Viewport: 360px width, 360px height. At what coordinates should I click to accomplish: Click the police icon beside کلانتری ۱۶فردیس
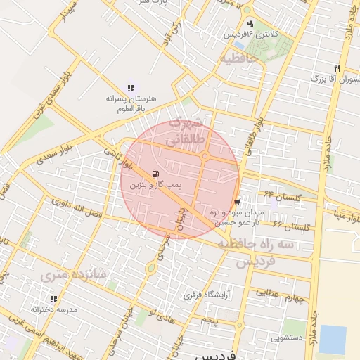(x=250, y=23)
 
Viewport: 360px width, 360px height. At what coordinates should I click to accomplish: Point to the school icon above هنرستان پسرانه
(x=131, y=88)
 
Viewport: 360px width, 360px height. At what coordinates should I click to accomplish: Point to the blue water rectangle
(x=333, y=339)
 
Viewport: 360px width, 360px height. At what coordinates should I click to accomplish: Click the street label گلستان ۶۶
(x=291, y=226)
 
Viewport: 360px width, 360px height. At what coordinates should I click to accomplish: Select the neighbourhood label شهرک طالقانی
(x=184, y=131)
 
